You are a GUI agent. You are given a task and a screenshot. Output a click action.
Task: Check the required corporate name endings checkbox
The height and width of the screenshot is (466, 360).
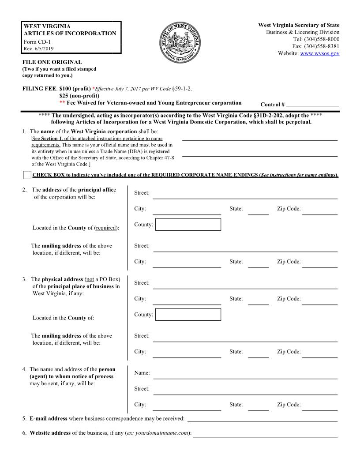pos(27,175)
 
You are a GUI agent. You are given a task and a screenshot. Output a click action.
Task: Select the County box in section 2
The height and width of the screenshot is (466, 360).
pos(188,225)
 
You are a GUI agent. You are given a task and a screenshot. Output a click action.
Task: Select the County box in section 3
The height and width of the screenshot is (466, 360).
pos(188,315)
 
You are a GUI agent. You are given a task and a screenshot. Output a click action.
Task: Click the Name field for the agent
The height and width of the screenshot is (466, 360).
pos(245,374)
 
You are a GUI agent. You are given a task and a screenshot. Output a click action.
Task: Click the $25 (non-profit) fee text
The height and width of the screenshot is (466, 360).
pos(79,96)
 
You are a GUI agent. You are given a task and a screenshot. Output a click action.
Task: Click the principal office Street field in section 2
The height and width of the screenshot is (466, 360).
pos(245,194)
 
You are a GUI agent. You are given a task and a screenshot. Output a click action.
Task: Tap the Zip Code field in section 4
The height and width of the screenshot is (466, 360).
pos(319,406)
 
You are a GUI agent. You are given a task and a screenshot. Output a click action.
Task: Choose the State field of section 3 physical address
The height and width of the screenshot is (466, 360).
pos(258,300)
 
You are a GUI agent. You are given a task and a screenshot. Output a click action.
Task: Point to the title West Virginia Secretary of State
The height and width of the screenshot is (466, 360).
pos(299,25)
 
